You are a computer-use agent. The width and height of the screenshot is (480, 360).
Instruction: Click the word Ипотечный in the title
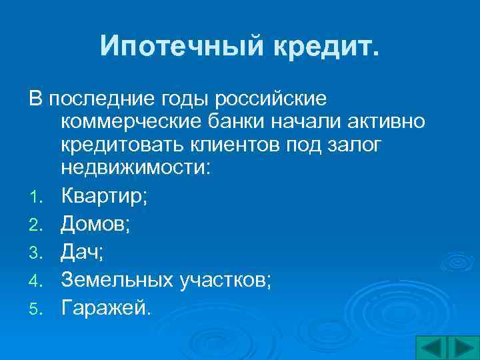(170, 46)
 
